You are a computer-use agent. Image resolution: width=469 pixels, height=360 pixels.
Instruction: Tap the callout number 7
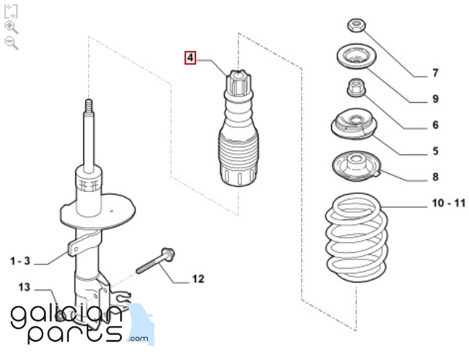point(435,73)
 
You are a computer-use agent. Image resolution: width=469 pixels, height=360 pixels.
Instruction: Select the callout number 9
point(435,98)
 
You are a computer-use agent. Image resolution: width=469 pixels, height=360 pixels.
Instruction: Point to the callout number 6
point(435,125)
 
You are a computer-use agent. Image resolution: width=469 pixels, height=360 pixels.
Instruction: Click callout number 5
point(435,151)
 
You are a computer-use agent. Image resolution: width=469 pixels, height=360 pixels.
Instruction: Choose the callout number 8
point(435,177)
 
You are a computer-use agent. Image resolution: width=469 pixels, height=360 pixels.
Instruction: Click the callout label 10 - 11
point(447,204)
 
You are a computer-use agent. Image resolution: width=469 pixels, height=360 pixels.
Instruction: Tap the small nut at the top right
point(356,27)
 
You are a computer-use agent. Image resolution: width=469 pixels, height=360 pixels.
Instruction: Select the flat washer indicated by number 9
point(354,57)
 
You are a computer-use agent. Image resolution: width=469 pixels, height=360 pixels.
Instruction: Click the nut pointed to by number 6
point(353,88)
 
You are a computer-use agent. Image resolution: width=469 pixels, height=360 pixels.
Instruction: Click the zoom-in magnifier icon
point(10,27)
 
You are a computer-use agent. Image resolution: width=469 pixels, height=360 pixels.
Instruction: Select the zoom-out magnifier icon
point(10,42)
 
